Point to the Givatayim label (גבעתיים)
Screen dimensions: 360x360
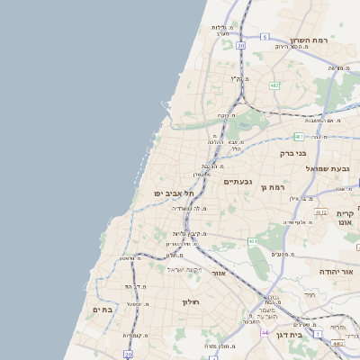coord(238,182)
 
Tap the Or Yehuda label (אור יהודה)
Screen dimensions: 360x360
coord(339,271)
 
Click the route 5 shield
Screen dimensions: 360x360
coord(265,37)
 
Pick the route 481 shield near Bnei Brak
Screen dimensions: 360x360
coord(296,137)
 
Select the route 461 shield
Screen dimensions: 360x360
coord(253,241)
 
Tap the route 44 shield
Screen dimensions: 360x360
coord(265,333)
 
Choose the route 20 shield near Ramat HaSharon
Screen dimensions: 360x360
coord(240,44)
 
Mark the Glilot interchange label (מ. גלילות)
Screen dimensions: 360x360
coord(222,28)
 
